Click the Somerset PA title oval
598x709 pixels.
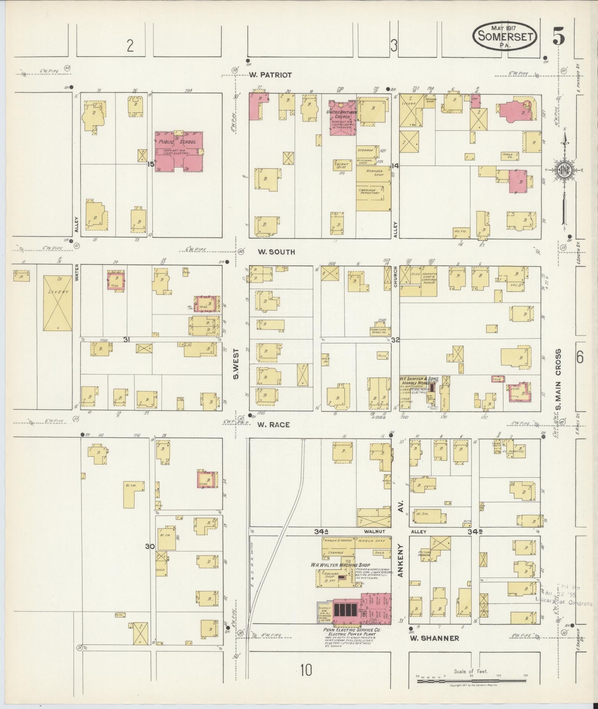pyautogui.click(x=505, y=36)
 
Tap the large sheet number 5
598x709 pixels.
pyautogui.click(x=559, y=36)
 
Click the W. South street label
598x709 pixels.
pyautogui.click(x=276, y=252)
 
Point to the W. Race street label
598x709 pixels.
pyautogui.click(x=274, y=425)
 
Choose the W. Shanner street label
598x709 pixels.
pyautogui.click(x=435, y=638)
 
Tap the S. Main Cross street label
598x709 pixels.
pyautogui.click(x=559, y=380)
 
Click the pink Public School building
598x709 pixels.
pyautogui.click(x=179, y=151)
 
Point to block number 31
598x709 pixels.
pyautogui.click(x=127, y=339)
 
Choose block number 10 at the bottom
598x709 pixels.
pyautogui.click(x=306, y=670)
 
